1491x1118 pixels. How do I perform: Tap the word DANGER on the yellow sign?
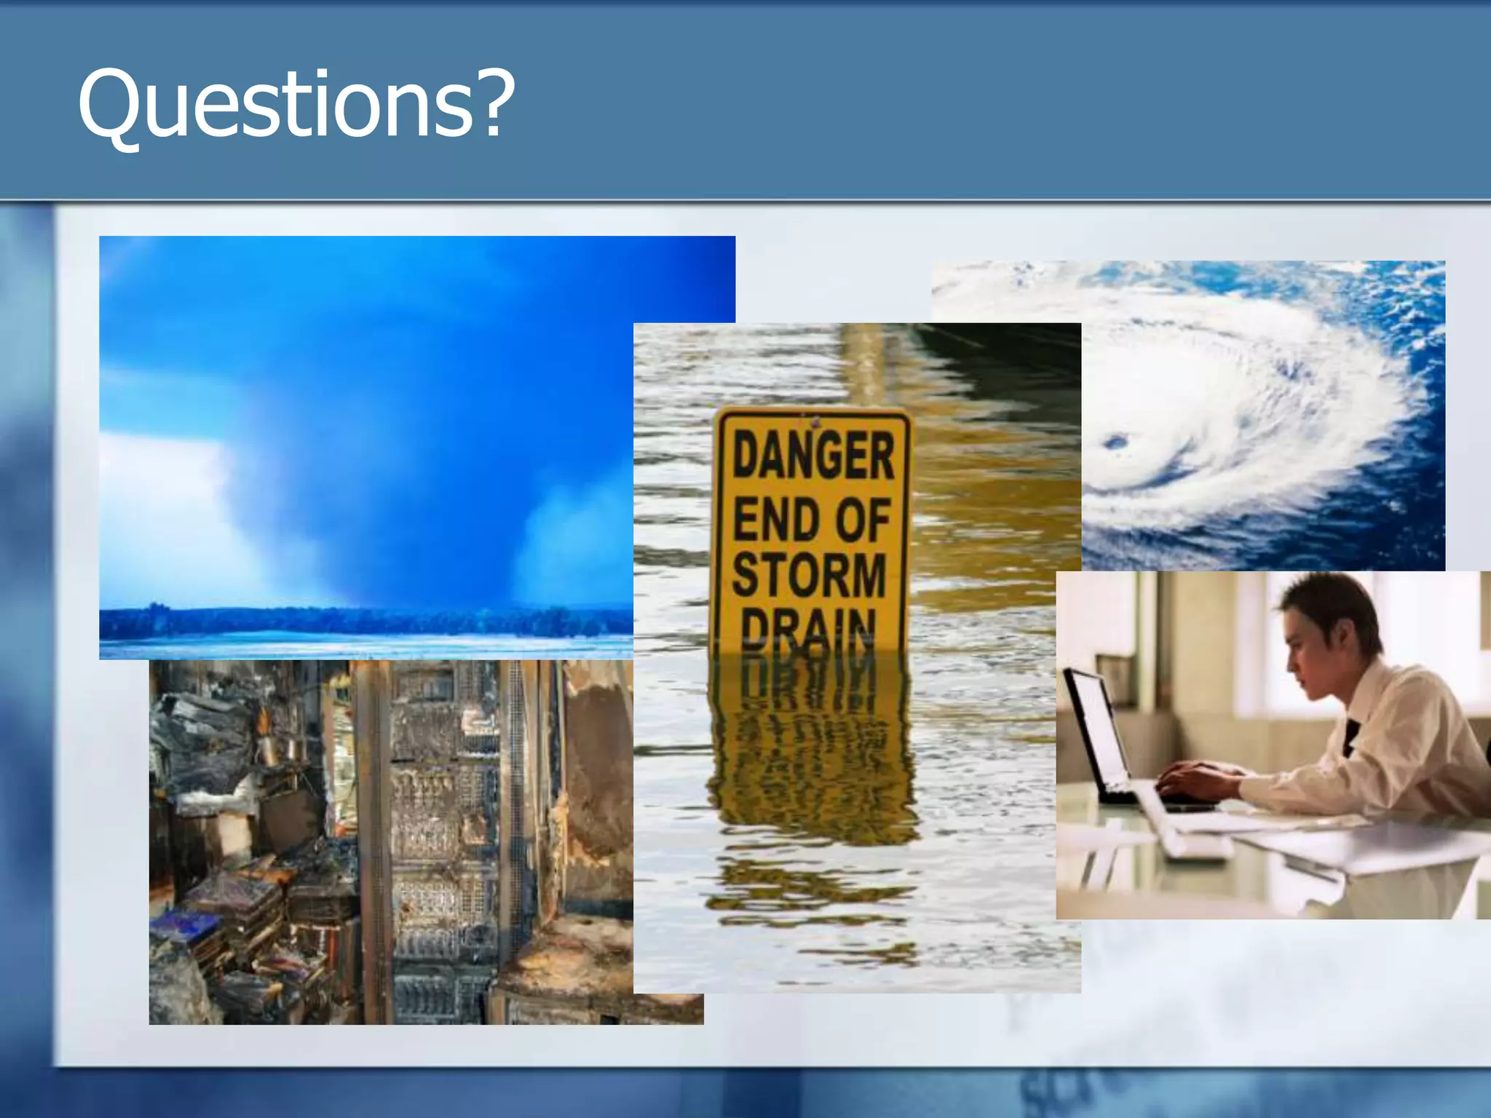pos(813,455)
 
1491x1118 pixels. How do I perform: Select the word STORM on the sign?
pos(810,574)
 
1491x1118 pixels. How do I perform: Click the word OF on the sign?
pos(863,520)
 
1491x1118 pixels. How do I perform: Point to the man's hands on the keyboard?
pos(1194,782)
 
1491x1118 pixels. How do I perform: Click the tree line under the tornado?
pos(364,622)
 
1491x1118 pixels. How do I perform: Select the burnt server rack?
pos(437,837)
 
